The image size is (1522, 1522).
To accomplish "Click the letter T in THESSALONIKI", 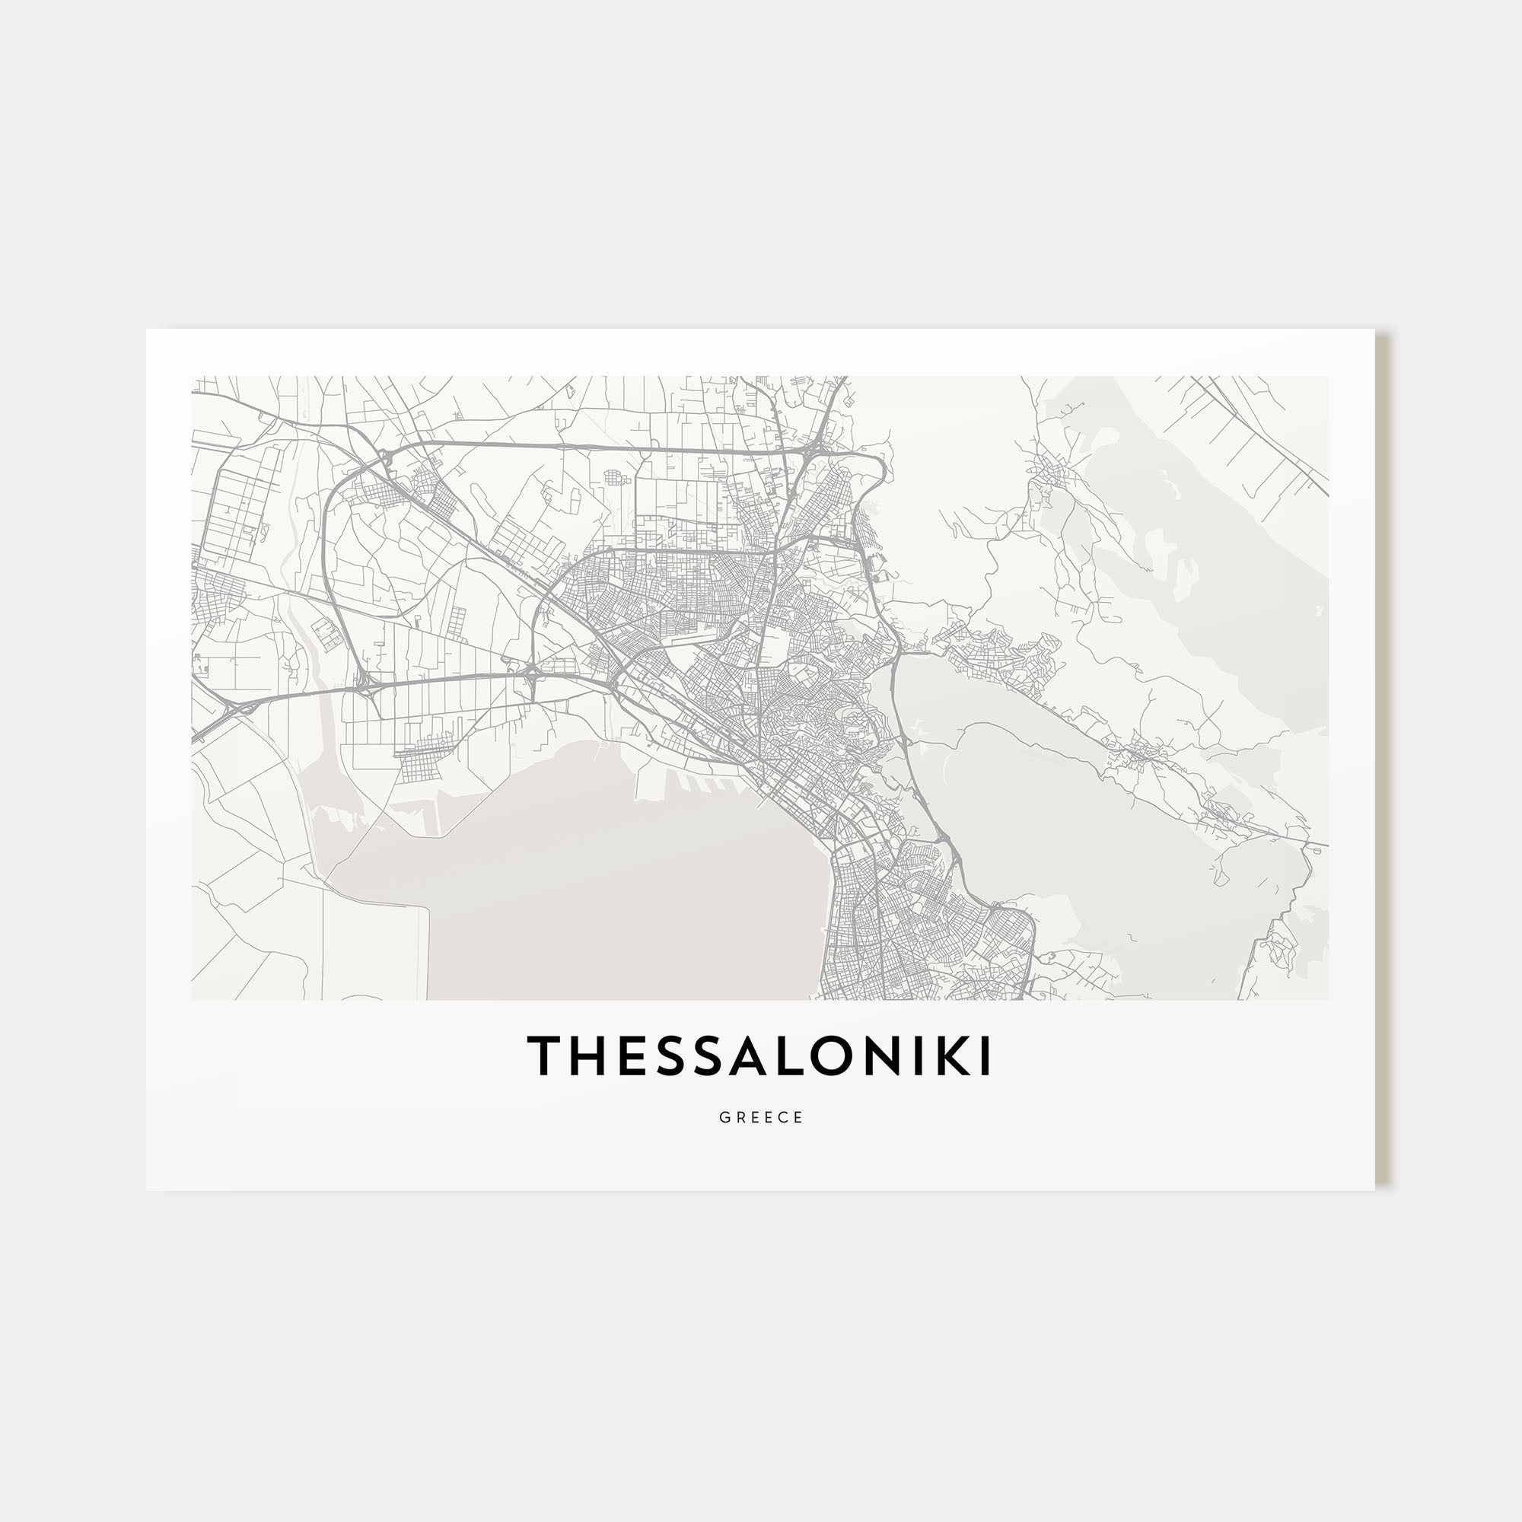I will coord(546,1056).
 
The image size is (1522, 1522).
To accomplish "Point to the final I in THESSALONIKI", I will coord(985,1056).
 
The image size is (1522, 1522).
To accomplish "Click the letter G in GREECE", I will coord(723,1118).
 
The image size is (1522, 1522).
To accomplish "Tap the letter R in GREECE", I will coord(739,1118).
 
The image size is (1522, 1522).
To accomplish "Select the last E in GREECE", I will coord(799,1118).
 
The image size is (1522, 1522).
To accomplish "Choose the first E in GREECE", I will coord(754,1118).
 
